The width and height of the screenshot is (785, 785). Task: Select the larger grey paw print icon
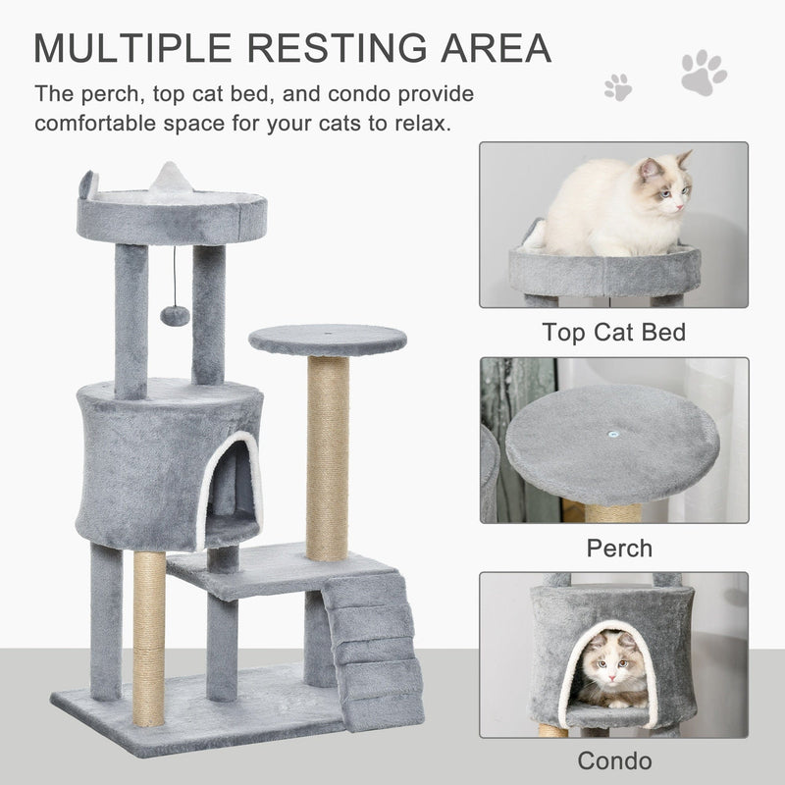click(x=704, y=74)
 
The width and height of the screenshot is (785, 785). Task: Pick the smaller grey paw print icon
click(x=618, y=87)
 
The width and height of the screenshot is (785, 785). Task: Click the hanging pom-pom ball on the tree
click(x=175, y=314)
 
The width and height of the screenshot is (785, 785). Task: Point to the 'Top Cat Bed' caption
click(x=613, y=332)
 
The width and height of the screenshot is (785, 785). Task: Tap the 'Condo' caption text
click(x=614, y=760)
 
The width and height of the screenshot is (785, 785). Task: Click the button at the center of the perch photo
click(x=613, y=433)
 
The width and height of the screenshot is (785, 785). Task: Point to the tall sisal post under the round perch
click(x=327, y=456)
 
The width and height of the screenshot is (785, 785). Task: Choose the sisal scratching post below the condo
click(x=149, y=638)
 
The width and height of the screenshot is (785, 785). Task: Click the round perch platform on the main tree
click(x=327, y=340)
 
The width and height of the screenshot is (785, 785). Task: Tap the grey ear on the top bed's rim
click(x=88, y=183)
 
